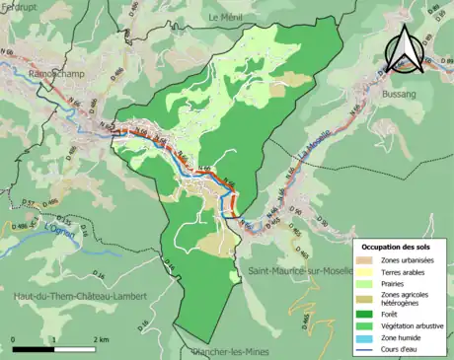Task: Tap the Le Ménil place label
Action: coord(227,18)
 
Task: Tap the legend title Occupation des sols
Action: coord(399,245)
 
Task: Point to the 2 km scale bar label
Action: coord(100,339)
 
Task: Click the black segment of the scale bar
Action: coord(33,349)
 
